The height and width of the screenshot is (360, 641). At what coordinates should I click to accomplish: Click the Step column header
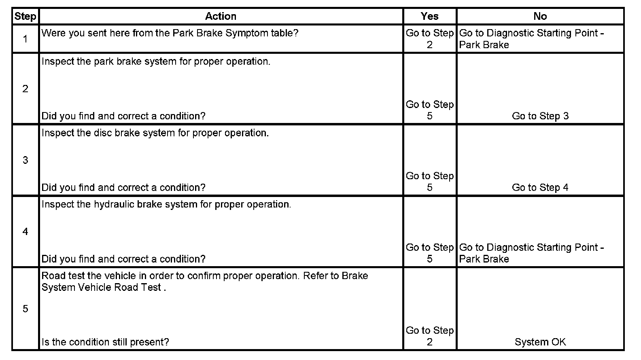tap(25, 16)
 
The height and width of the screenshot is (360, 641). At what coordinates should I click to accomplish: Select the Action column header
tap(221, 16)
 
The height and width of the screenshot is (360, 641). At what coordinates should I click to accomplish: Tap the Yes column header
tap(429, 16)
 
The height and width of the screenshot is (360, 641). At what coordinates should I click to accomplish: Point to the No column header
tap(540, 16)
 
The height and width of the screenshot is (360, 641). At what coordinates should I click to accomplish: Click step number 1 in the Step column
tap(25, 39)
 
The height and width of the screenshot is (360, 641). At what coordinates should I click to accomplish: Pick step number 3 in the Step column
tap(25, 160)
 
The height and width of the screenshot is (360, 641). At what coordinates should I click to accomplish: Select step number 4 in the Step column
tap(25, 231)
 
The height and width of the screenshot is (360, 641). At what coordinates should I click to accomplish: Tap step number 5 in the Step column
tap(25, 309)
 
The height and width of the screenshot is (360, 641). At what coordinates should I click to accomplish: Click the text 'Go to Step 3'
tap(540, 116)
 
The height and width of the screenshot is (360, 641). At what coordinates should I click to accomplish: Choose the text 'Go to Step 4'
tap(540, 188)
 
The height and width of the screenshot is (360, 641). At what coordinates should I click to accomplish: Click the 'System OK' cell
tap(540, 342)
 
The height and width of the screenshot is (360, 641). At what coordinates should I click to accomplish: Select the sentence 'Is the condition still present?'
tap(105, 342)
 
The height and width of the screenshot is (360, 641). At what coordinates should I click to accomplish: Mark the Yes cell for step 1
tap(429, 39)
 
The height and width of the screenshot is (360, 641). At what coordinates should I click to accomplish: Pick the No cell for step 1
tap(531, 39)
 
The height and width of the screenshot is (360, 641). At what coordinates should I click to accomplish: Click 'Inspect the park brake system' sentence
tap(156, 61)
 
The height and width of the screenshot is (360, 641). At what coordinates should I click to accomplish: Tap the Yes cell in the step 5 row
tap(429, 336)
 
